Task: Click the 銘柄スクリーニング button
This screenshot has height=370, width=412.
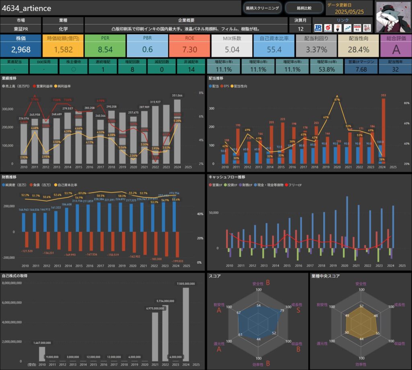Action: coord(262,8)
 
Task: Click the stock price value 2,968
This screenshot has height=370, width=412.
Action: coord(21,50)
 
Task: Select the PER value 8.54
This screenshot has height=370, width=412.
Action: coord(105,50)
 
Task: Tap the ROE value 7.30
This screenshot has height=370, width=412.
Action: coord(190,50)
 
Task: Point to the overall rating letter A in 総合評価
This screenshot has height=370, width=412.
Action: coord(396,50)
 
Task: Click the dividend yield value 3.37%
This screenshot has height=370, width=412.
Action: coord(316,50)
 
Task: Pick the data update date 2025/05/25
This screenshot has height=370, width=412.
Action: coord(346,12)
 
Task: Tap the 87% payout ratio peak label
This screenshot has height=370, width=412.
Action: coord(336,99)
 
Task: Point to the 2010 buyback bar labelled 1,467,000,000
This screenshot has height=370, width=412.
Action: coord(42,353)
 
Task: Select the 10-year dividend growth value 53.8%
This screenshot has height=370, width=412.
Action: coord(327,69)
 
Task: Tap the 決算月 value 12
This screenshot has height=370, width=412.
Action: coord(300,29)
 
